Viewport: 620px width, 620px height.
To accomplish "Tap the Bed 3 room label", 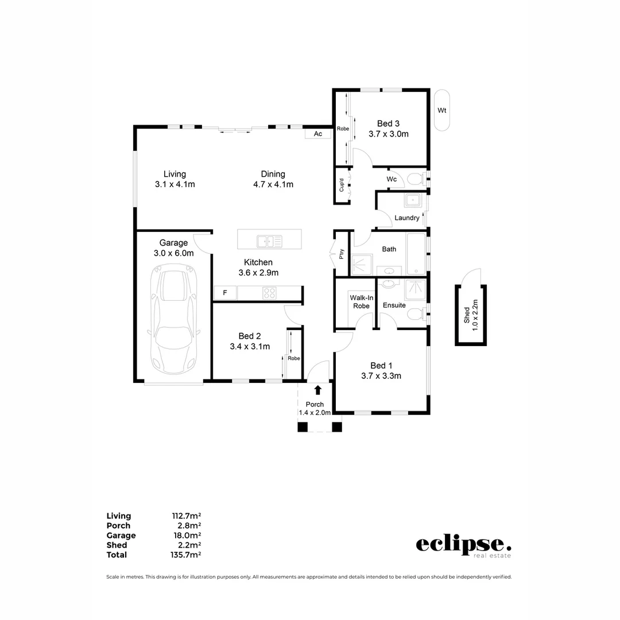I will pyautogui.click(x=388, y=123).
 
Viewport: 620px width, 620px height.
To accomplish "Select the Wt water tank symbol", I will pyautogui.click(x=441, y=110).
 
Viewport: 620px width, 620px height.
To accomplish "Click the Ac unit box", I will pyautogui.click(x=318, y=134).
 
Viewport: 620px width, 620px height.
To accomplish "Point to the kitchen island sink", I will pyautogui.click(x=269, y=241).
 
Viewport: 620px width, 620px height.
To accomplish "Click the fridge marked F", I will pyautogui.click(x=225, y=293).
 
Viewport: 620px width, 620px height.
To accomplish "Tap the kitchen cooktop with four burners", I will pyautogui.click(x=269, y=293).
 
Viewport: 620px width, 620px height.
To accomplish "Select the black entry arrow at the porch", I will pyautogui.click(x=317, y=390).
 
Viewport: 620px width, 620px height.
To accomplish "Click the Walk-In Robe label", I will pyautogui.click(x=361, y=302).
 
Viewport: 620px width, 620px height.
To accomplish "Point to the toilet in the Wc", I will pyautogui.click(x=414, y=180).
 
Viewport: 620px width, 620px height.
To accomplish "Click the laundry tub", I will pyautogui.click(x=412, y=201).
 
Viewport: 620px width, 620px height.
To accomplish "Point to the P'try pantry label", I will pyautogui.click(x=342, y=254).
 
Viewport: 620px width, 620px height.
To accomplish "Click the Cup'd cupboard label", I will pyautogui.click(x=342, y=185).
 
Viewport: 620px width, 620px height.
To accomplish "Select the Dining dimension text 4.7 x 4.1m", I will pyautogui.click(x=273, y=184).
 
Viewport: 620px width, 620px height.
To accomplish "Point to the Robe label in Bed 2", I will pyautogui.click(x=294, y=358).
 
